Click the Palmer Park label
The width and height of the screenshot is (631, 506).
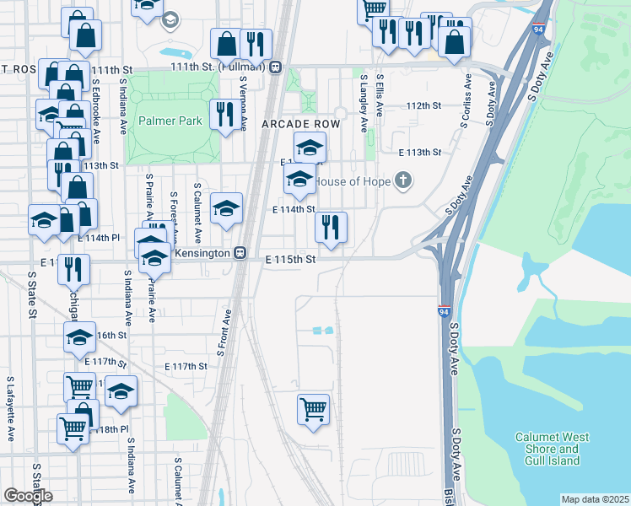pyautogui.click(x=171, y=121)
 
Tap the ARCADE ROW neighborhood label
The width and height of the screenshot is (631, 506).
pyautogui.click(x=300, y=124)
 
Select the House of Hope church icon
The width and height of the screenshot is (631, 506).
pyautogui.click(x=404, y=180)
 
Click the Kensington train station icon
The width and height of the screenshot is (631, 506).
pyautogui.click(x=240, y=253)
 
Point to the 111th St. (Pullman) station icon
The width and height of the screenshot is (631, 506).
pyautogui.click(x=276, y=67)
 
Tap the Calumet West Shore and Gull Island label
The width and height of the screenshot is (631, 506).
pyautogui.click(x=553, y=449)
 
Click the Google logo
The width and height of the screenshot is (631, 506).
pyautogui.click(x=28, y=496)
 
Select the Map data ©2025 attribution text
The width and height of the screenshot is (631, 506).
pyautogui.click(x=595, y=499)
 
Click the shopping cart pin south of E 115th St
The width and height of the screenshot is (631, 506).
pyautogui.click(x=313, y=409)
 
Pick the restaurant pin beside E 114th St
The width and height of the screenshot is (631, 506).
pyautogui.click(x=331, y=226)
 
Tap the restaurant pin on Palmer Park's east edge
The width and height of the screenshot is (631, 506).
pyautogui.click(x=224, y=115)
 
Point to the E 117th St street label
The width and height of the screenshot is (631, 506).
pyautogui.click(x=186, y=366)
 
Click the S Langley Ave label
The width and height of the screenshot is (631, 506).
pyautogui.click(x=364, y=102)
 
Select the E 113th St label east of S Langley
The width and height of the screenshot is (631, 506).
pyautogui.click(x=419, y=153)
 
